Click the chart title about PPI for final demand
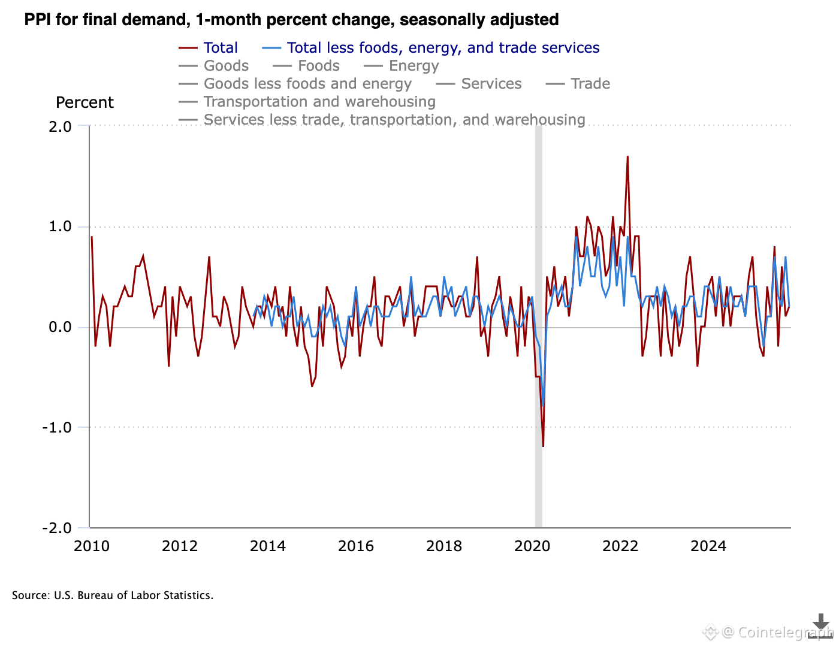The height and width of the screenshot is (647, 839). [291, 20]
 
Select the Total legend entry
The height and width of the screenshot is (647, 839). [220, 48]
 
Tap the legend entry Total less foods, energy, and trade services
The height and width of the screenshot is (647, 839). [443, 48]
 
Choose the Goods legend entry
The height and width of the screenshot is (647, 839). [226, 66]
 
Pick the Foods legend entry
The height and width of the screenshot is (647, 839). [318, 66]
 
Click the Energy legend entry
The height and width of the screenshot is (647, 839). [414, 66]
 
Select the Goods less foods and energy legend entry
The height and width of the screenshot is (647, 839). [307, 84]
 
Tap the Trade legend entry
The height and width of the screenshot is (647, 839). [590, 84]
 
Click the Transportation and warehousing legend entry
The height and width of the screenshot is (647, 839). [319, 102]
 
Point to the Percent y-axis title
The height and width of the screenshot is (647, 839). [84, 102]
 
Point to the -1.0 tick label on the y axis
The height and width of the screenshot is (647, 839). [57, 428]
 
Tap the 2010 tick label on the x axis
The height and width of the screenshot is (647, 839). [92, 546]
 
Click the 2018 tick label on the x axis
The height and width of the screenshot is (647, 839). [444, 546]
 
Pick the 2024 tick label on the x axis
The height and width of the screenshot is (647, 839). [708, 546]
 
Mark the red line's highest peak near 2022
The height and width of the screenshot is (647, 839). [627, 157]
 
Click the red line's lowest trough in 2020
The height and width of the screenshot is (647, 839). [543, 446]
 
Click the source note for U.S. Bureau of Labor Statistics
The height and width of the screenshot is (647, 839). [113, 595]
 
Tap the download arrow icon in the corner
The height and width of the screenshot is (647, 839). [820, 624]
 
